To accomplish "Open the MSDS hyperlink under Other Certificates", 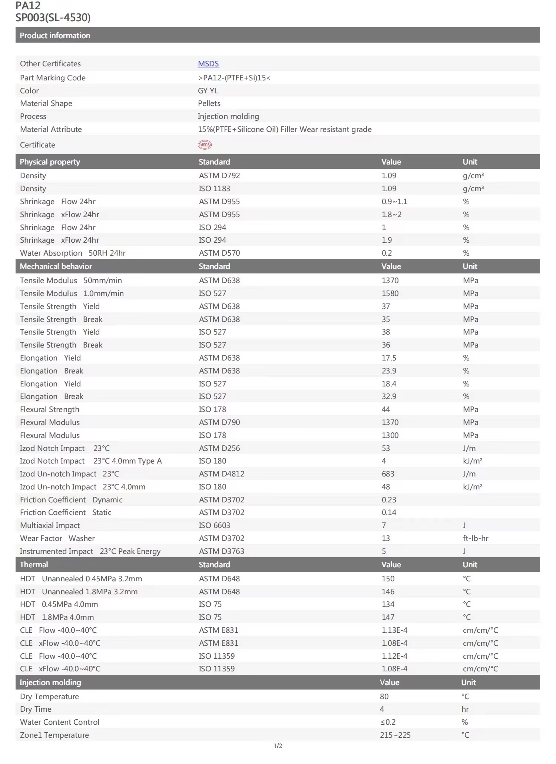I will click(208, 64).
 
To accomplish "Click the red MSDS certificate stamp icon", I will click(205, 145).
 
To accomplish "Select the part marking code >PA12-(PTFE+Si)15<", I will click(234, 78).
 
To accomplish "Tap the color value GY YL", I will click(208, 91).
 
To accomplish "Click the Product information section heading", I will click(55, 36).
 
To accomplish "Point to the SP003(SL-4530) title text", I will click(53, 17).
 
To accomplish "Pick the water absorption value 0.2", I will click(387, 253).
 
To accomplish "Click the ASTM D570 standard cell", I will click(219, 253).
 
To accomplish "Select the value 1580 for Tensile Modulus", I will click(390, 293).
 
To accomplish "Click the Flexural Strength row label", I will click(50, 409).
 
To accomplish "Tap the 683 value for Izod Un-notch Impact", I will click(388, 474).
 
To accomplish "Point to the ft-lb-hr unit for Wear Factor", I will click(476, 538).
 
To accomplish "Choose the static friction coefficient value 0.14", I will click(389, 512).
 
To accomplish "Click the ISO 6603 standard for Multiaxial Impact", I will click(214, 525).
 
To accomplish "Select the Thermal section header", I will click(34, 565).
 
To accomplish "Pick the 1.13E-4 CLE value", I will click(394, 630).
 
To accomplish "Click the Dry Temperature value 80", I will click(384, 697).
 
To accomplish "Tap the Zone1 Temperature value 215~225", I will click(395, 735).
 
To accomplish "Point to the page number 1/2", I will click(278, 746).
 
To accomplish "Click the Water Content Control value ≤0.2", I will click(388, 722).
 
